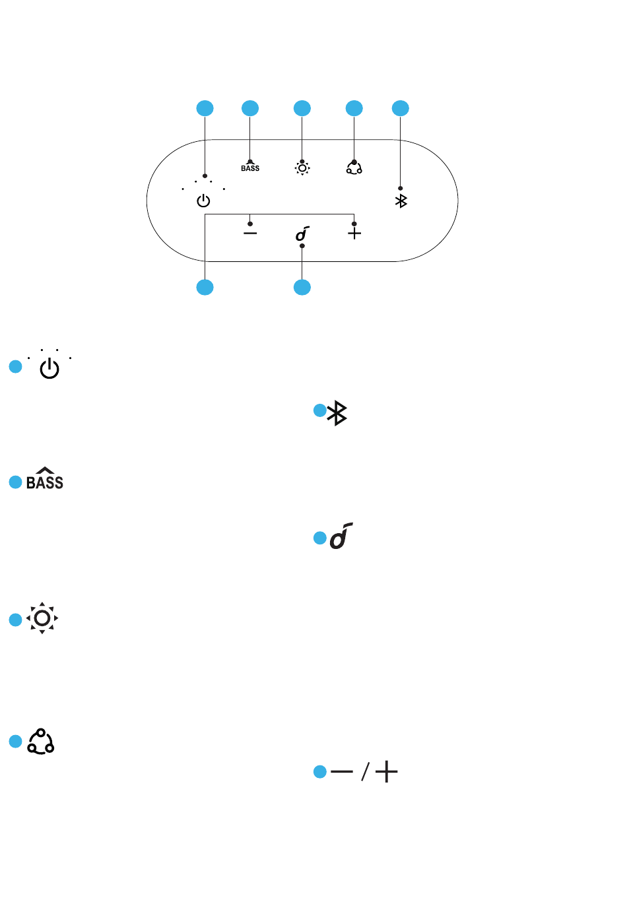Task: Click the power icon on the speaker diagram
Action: pos(203,201)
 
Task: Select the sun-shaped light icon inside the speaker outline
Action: pos(302,168)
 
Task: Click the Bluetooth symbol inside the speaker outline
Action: pos(401,201)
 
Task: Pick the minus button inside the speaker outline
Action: pos(250,233)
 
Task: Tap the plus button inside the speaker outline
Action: pos(354,233)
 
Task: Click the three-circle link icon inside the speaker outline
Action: pos(354,168)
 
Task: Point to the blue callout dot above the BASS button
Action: pos(250,108)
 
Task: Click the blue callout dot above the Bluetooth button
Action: pos(401,108)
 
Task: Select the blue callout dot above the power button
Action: pos(205,108)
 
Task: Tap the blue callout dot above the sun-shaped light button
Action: pos(302,108)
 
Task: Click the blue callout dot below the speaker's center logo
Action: pos(302,287)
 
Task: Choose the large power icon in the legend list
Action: pos(49,368)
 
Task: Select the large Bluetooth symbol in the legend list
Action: pos(337,412)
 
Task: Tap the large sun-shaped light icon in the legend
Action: pos(42,618)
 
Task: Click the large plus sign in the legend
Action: pos(386,771)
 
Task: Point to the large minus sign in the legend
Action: pos(342,771)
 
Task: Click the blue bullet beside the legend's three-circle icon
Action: pos(15,741)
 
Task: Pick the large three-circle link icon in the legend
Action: pos(41,741)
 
